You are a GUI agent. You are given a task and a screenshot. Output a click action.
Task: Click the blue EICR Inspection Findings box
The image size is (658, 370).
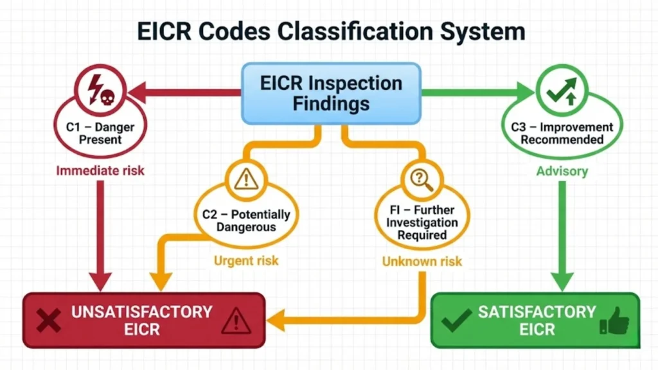[x=331, y=92]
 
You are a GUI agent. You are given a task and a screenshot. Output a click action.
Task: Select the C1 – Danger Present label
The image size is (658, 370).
[x=100, y=133]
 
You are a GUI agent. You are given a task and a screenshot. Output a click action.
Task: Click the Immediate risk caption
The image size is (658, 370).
[x=100, y=171]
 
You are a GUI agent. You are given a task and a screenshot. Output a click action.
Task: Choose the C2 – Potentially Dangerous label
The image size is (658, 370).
[x=246, y=220]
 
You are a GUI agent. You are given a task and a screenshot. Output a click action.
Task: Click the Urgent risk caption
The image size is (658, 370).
[x=246, y=261]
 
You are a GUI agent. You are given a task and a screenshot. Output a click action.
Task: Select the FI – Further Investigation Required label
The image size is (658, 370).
[x=422, y=223]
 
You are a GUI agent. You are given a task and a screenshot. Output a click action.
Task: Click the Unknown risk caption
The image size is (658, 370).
[x=422, y=261]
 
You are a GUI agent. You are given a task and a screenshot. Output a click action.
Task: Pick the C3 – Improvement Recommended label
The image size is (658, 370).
[x=562, y=133]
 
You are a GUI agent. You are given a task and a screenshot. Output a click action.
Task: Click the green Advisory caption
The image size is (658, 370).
[x=562, y=172]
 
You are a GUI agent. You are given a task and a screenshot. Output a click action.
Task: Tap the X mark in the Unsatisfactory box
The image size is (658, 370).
[x=48, y=320]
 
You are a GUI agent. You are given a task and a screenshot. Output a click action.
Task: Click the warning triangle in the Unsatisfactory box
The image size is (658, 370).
[x=236, y=321]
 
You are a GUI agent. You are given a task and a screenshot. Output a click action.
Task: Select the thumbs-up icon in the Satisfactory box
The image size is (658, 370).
[x=614, y=321]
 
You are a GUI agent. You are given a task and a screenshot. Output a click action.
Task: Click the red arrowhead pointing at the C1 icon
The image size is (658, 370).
[x=136, y=94]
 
